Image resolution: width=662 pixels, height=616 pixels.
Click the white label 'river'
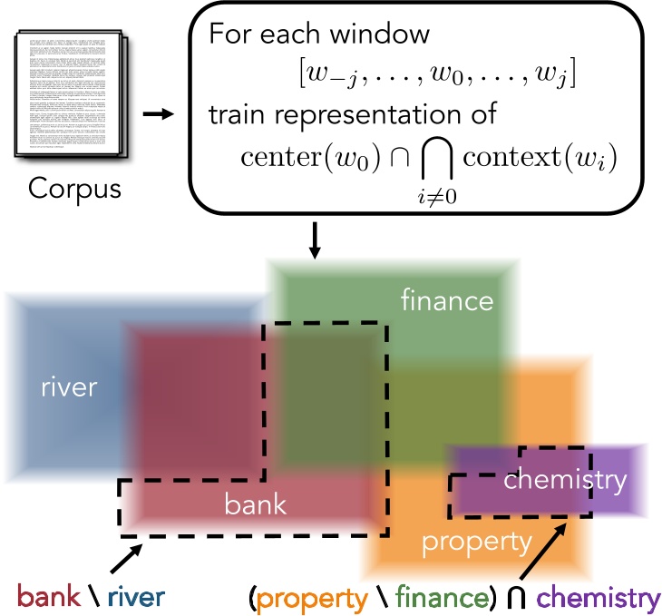tap(68, 388)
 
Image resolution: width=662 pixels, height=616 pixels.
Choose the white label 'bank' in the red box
tap(257, 504)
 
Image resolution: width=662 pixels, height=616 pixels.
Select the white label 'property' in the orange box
tap(476, 542)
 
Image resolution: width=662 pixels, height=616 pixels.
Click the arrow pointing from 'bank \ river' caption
tap(126, 559)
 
